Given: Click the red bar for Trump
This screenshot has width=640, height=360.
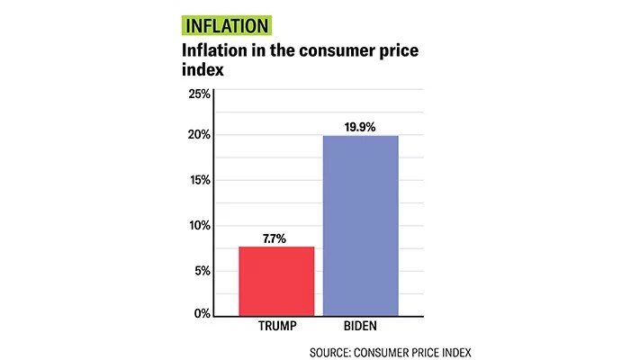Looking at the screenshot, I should [276, 281].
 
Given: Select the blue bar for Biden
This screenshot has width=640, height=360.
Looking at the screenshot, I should [360, 225].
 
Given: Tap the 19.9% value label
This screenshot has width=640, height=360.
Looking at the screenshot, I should [360, 125].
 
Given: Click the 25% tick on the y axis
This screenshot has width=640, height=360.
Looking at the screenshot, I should [199, 94].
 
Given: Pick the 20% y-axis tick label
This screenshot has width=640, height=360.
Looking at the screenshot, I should [199, 135].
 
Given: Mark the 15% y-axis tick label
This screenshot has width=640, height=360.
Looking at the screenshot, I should [199, 180].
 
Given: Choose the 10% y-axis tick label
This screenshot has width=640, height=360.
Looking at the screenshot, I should [199, 225].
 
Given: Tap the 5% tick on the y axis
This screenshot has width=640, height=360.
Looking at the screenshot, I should [203, 270].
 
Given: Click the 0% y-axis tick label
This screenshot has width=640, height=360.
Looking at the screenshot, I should [203, 313].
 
